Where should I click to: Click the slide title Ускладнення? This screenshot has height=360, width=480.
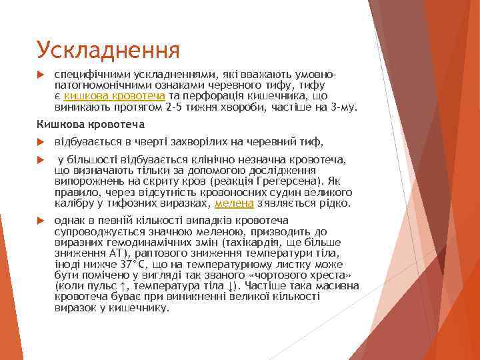(x=108, y=49)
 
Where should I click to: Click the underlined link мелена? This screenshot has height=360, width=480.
(x=233, y=203)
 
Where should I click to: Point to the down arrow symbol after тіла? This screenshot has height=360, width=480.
(x=230, y=285)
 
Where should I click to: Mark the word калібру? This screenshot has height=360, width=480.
(x=73, y=203)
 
